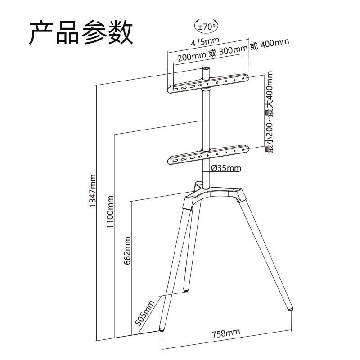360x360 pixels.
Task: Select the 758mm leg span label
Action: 225,333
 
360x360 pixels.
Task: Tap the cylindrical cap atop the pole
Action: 207,72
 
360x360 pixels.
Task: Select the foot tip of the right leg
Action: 291,309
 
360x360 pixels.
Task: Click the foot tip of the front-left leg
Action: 162,328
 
